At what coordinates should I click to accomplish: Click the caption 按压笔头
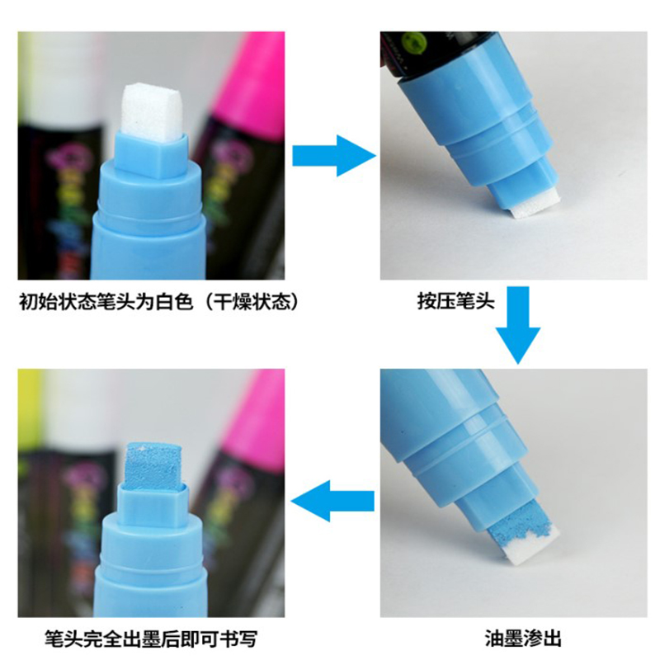(455, 302)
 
